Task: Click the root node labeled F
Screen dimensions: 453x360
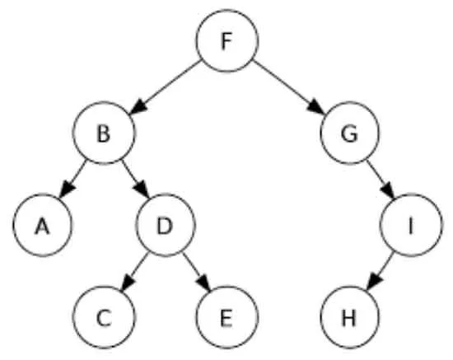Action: coord(226,40)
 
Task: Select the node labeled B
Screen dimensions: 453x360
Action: coord(104,133)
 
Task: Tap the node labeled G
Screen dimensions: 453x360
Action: coord(349,133)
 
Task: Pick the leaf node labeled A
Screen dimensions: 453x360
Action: coord(43,225)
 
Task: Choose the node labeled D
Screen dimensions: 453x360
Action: coord(166,225)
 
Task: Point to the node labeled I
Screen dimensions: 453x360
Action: coord(411,225)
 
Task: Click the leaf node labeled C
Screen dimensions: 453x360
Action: coord(104,317)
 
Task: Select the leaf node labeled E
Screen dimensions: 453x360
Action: coord(226,317)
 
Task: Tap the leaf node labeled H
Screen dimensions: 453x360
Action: coord(349,317)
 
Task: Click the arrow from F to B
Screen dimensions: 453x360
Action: coord(165,87)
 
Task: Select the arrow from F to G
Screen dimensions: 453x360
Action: coord(288,87)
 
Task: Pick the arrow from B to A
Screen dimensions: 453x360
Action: coord(72,179)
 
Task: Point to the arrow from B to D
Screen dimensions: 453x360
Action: coord(135,179)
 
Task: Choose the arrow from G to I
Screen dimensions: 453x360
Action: coord(381,179)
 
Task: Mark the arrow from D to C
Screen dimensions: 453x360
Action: coord(134,272)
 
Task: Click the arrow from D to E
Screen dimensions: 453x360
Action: coord(196,272)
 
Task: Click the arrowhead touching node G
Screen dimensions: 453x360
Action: coord(315,107)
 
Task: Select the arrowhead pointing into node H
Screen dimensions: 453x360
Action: coord(374,282)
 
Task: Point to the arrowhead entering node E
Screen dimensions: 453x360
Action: coord(203,282)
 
